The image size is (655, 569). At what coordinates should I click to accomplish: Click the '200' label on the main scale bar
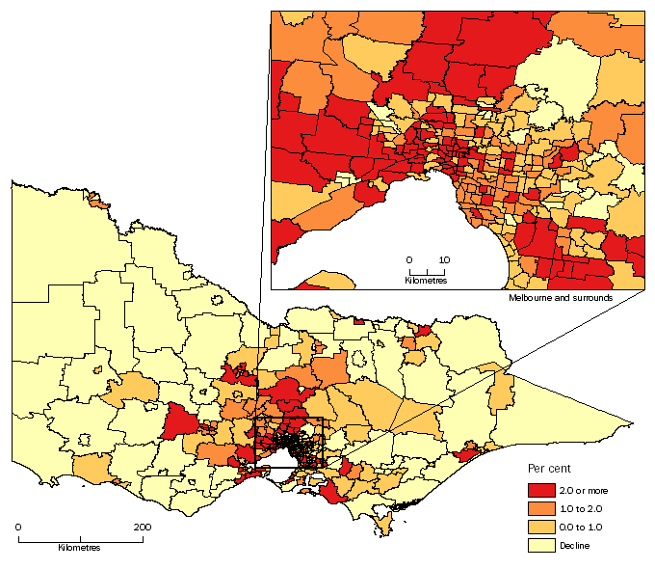(142, 527)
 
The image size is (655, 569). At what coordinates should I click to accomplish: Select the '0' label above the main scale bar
(18, 527)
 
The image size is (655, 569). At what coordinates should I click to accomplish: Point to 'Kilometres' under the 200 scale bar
(79, 547)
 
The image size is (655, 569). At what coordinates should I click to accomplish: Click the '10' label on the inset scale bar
(444, 260)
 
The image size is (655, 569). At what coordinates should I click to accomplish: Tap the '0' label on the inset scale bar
(408, 260)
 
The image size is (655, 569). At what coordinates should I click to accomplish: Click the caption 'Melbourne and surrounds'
(562, 299)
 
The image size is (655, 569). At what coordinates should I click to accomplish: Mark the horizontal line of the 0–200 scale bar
(80, 538)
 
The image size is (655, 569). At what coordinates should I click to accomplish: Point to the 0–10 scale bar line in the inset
(426, 271)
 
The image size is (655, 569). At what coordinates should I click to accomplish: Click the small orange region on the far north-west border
(97, 203)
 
